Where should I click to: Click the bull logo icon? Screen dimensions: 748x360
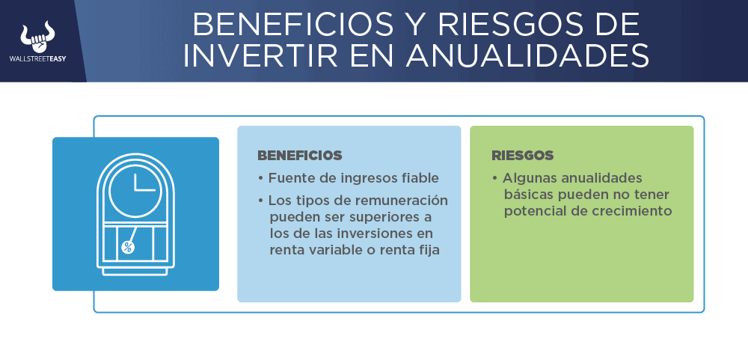point(37,37)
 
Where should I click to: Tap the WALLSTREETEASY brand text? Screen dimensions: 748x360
point(37,58)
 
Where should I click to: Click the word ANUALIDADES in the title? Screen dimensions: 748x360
point(527,57)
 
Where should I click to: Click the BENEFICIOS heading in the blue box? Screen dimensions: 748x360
point(300,156)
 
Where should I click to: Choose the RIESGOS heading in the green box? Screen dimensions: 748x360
point(522,156)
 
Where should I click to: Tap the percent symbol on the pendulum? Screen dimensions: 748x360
point(127,247)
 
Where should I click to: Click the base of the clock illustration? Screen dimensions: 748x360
point(135,271)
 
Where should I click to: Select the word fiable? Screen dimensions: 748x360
point(420,178)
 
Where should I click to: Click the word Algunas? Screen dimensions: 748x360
point(530,179)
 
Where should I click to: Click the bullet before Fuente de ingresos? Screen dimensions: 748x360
point(260,179)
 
